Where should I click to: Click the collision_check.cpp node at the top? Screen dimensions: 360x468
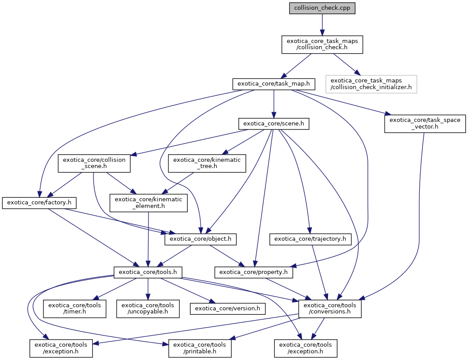[x=322, y=8]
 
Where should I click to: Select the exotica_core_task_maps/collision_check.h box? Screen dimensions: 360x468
[x=322, y=44]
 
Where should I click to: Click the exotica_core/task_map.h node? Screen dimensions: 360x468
[x=273, y=83]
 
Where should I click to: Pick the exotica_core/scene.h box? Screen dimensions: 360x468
[x=273, y=123]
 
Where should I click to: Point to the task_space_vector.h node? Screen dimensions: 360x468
[x=425, y=123]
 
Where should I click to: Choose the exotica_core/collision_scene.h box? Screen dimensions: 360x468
[x=94, y=163]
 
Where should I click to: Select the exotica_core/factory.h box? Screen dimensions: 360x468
[x=39, y=203]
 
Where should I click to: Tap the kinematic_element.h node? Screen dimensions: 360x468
[x=148, y=203]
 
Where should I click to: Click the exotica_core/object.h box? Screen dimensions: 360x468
[x=200, y=239]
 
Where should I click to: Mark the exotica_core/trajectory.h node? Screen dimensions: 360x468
[x=311, y=239]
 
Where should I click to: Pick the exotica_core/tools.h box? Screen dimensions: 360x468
[x=148, y=272]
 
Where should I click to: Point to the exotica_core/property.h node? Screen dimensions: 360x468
[x=254, y=272]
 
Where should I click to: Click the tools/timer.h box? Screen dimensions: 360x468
[x=74, y=309]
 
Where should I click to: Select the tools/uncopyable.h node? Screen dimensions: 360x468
[x=148, y=309]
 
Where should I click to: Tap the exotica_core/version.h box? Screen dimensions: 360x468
[x=227, y=309]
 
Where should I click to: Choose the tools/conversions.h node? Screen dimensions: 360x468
[x=330, y=309]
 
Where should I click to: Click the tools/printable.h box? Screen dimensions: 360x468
[x=200, y=348]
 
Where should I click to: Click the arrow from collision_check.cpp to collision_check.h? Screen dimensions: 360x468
[x=322, y=24]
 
